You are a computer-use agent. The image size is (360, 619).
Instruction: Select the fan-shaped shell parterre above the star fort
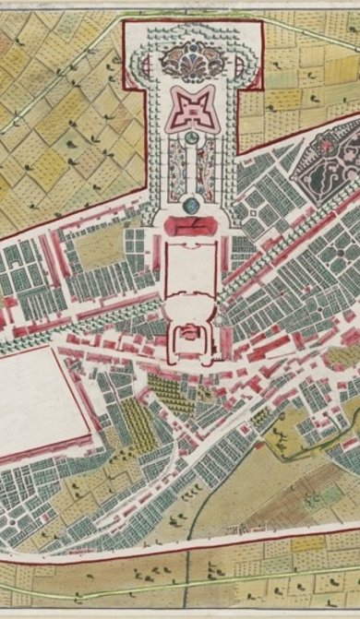[193, 63]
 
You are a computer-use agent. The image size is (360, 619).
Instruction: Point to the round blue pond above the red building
[191, 204]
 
